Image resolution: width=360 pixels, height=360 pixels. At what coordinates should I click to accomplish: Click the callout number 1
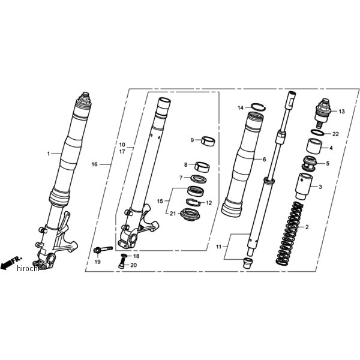pyautogui.click(x=49, y=154)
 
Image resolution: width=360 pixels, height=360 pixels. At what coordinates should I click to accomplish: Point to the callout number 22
pyautogui.click(x=336, y=133)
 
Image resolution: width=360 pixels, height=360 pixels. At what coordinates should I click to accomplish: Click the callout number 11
pyautogui.click(x=218, y=247)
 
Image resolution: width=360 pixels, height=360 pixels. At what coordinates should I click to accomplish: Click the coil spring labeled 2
pyautogui.click(x=290, y=233)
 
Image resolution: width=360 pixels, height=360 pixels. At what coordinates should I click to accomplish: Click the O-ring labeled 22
pyautogui.click(x=319, y=131)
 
